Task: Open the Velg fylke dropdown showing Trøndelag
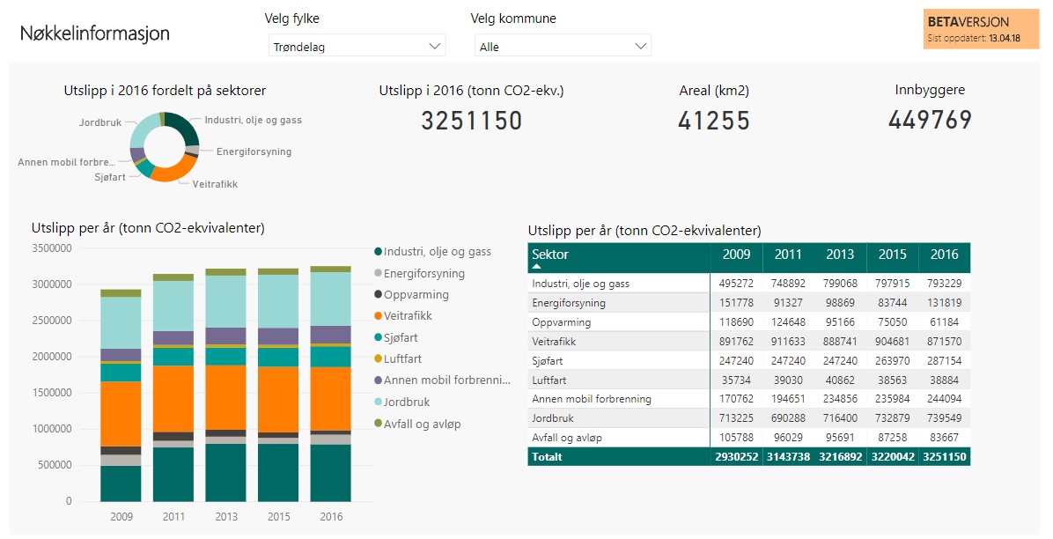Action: coord(357,46)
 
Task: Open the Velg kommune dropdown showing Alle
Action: coord(563,46)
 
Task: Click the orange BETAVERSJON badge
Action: coord(981,29)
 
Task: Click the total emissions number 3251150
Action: coord(471,121)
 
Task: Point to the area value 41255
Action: coord(714,121)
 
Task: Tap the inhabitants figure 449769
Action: coord(930,120)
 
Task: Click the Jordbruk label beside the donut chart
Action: coord(100,122)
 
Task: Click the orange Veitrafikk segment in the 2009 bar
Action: coord(121,414)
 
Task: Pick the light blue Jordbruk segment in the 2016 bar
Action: coord(330,299)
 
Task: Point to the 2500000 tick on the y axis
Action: coord(52,321)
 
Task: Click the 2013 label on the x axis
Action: coord(226,516)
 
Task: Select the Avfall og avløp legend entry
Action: coord(417,425)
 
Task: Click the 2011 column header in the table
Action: coord(788,254)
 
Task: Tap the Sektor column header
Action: coord(550,254)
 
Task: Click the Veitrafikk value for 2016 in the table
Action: coord(944,342)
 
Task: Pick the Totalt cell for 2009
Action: coord(737,457)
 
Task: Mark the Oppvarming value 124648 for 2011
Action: coord(788,322)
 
